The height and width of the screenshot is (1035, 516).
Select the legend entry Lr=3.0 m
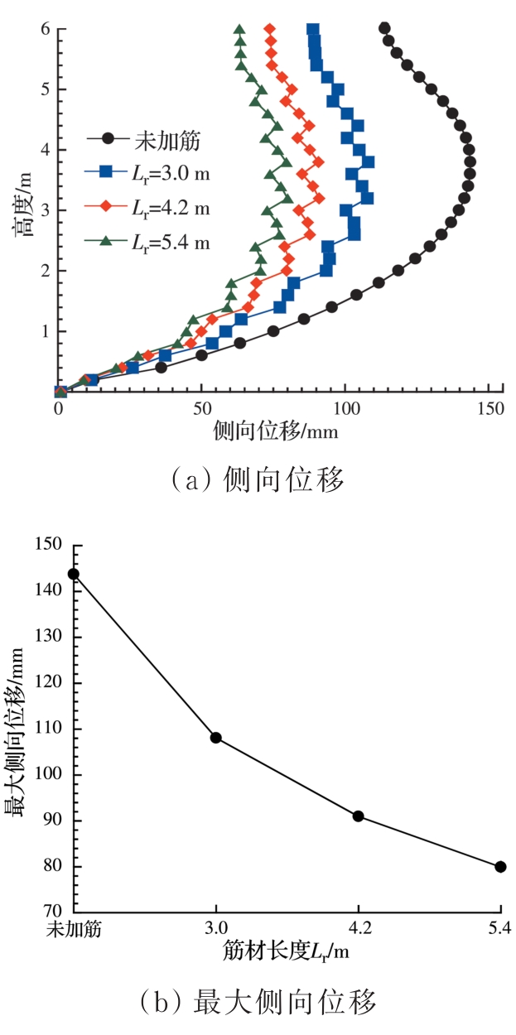point(147,172)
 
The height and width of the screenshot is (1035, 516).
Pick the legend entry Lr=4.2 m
point(147,207)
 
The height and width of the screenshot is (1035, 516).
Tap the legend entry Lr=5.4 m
point(147,242)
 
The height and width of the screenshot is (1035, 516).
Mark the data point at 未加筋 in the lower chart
point(73,574)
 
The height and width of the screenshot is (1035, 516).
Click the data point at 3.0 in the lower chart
point(215,738)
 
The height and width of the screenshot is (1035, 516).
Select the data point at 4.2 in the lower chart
point(358,816)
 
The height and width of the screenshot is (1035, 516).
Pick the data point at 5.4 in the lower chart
point(500,867)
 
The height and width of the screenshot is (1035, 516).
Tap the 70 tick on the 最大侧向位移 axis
point(55,913)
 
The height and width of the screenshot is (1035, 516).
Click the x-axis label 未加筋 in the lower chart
point(73,930)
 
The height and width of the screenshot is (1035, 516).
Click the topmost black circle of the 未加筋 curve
point(384,28)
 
